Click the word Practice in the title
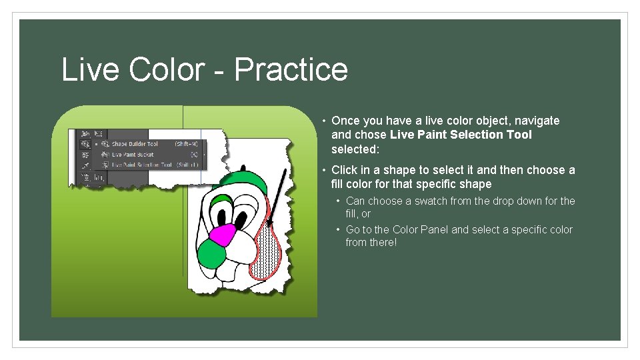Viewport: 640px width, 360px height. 291,69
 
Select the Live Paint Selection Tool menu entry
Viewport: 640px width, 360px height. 141,165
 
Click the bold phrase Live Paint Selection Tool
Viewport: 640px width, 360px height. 461,135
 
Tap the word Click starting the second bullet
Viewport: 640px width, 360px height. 344,170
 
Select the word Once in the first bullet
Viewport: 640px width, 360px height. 345,121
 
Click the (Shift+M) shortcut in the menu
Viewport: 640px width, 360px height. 185,144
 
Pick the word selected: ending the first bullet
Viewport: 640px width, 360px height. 355,149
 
